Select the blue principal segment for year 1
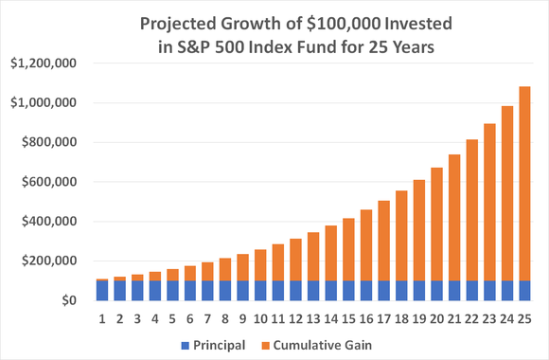(x=102, y=291)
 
